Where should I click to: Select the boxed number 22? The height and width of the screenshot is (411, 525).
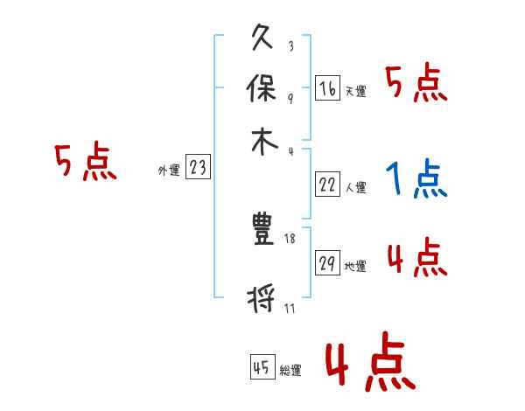pyautogui.click(x=328, y=184)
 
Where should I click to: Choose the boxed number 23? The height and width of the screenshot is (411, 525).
pyautogui.click(x=198, y=168)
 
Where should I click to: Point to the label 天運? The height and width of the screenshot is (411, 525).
pyautogui.click(x=355, y=91)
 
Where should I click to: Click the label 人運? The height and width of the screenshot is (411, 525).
pyautogui.click(x=355, y=187)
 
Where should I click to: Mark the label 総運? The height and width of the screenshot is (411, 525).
pyautogui.click(x=290, y=371)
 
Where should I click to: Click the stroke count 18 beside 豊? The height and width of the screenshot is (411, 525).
pyautogui.click(x=290, y=239)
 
